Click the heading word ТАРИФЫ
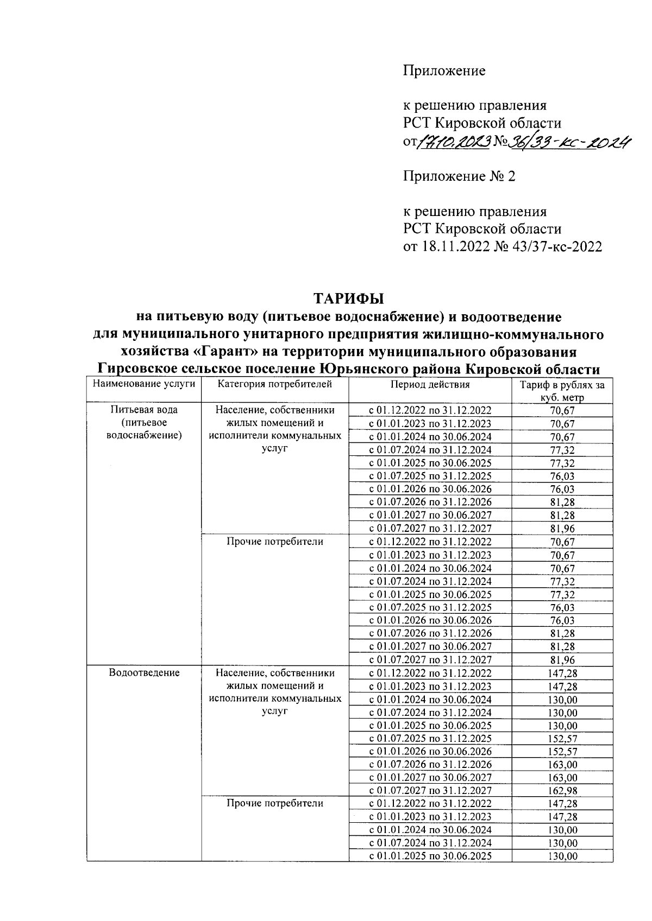[x=348, y=298]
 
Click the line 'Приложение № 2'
[x=459, y=176]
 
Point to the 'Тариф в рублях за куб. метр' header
[x=562, y=391]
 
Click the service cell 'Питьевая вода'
[x=144, y=410]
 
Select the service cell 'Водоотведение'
[x=144, y=673]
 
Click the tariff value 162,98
[x=562, y=791]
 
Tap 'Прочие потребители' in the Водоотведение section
[x=274, y=803]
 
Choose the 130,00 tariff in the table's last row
[x=562, y=856]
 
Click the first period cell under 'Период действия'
[x=430, y=410]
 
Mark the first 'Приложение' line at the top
[x=444, y=71]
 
